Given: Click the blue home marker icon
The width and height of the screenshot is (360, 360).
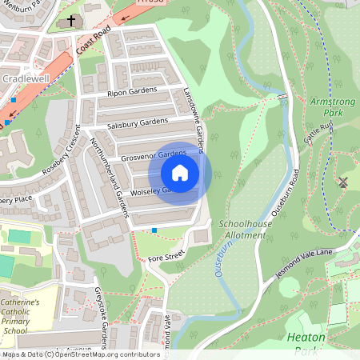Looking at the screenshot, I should (x=180, y=172).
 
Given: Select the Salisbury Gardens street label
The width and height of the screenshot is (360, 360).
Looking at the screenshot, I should (x=138, y=122).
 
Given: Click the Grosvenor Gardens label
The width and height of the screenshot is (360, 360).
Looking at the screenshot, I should (x=153, y=154).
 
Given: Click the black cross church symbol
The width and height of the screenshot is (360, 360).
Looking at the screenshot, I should (x=71, y=20).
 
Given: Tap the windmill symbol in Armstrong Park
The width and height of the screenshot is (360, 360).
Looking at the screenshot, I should (x=344, y=182).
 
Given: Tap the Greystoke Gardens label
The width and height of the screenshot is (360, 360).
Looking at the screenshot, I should (x=101, y=317).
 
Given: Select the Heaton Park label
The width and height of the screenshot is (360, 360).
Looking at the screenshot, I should (x=306, y=343).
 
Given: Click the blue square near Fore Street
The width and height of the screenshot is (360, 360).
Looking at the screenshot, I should (x=154, y=230).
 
